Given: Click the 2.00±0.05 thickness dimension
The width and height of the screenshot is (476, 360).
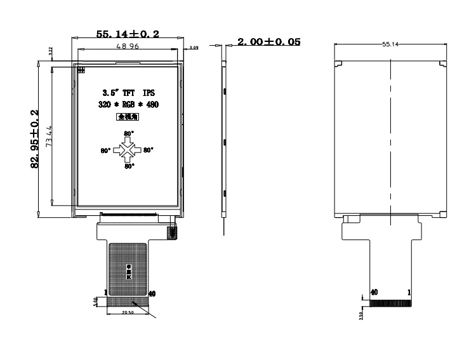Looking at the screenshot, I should pos(268,42).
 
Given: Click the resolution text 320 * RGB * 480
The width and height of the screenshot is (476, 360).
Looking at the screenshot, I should pos(128,105).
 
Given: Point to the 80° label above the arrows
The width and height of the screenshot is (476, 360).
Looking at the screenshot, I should pos(129,133).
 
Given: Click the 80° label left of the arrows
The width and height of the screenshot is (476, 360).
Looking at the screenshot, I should pos(105,151).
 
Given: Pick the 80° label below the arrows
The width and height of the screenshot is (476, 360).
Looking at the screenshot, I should pos(129,166).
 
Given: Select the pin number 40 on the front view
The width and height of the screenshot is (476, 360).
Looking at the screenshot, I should pos(152,294).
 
